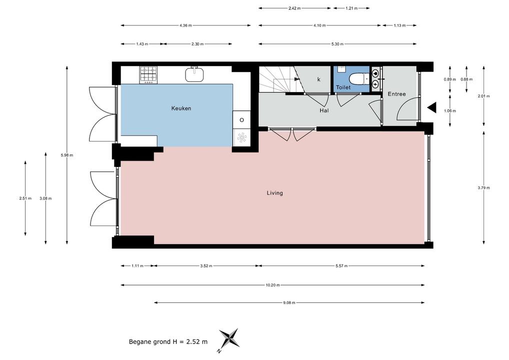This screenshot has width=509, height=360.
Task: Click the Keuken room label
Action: [181, 108]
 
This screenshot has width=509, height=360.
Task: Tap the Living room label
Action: [274, 193]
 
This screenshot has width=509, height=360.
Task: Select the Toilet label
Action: [343, 87]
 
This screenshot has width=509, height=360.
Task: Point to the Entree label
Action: [396, 94]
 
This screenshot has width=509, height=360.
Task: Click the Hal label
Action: [324, 110]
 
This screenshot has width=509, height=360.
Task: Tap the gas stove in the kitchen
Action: [148, 75]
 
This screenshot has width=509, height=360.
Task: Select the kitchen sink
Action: [194, 74]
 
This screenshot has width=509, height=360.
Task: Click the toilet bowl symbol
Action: [359, 78]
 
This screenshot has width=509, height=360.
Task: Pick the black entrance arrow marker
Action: [431, 108]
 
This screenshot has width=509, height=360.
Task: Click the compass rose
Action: [229, 339]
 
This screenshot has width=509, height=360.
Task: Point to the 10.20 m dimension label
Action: [272, 285]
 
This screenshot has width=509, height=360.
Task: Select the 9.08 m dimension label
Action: [289, 303]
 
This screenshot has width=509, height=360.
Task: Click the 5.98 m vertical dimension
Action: [67, 155]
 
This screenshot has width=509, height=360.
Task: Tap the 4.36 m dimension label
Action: [185, 25]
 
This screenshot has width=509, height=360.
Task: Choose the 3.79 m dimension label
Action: [483, 187]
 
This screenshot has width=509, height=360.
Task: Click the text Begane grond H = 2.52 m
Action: [168, 342]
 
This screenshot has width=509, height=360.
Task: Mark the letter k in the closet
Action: [319, 79]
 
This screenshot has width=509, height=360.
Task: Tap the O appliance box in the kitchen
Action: [241, 120]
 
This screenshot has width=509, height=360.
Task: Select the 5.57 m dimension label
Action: [341, 266]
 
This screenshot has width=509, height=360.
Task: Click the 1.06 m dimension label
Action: [450, 110]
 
